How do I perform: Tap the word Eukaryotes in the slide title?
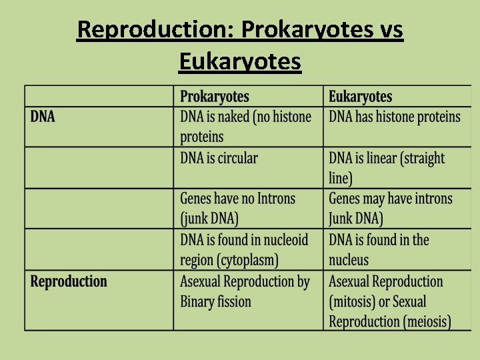coord(240,61)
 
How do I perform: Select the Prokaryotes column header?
coord(215,97)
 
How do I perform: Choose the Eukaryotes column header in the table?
coord(360,97)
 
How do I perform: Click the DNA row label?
coord(43,117)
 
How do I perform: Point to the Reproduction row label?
coord(69,281)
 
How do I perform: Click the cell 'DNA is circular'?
coord(219,159)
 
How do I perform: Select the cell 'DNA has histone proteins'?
coord(395,117)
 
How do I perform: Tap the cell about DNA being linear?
coord(387,168)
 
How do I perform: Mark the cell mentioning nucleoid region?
coord(244,249)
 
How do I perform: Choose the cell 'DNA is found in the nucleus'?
coord(379,249)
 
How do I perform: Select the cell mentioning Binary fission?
coord(245,291)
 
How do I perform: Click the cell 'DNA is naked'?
coord(245,127)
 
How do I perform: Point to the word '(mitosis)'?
coord(352,301)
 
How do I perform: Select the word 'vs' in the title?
coord(391,29)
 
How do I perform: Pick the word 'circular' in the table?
coord(237,159)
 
